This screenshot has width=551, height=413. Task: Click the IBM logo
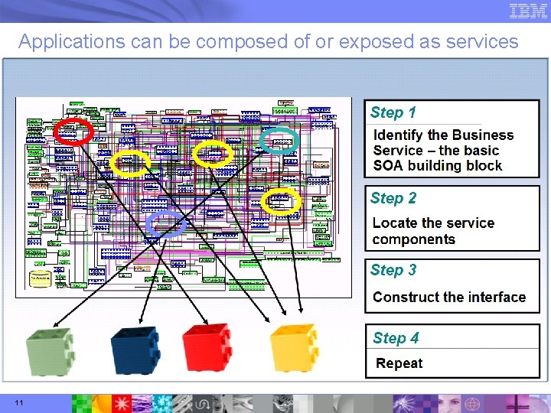[x=528, y=11]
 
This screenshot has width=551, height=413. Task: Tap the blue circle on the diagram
[x=166, y=224]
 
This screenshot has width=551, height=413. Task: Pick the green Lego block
[x=50, y=350]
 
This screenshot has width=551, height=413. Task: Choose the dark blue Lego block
[x=135, y=350]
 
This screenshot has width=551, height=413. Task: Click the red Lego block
[x=207, y=348]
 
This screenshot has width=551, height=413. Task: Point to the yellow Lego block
[x=293, y=348]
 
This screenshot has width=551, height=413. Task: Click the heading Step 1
[x=393, y=113]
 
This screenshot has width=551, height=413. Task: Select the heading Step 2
[x=393, y=199]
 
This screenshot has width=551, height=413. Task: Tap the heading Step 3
[x=393, y=270]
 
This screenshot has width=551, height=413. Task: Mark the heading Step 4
[x=396, y=338]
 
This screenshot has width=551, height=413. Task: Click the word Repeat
[x=399, y=363]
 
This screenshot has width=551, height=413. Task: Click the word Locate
[x=393, y=223]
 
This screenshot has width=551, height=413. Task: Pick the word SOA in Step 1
[x=388, y=166]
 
